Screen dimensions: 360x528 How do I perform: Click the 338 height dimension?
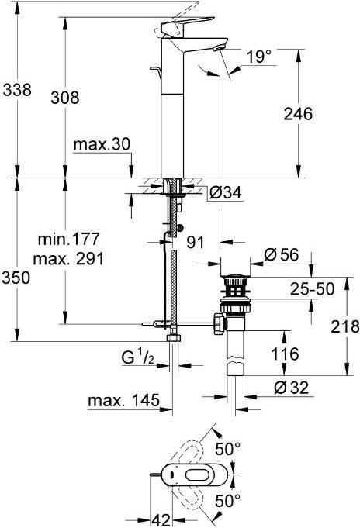click(x=17, y=90)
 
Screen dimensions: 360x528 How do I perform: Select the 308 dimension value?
click(x=65, y=98)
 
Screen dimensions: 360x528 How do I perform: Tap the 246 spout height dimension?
click(x=298, y=114)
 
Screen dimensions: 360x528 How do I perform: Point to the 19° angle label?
click(x=259, y=57)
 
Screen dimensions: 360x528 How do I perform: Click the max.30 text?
click(x=102, y=144)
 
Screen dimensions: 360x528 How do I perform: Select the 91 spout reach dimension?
click(x=196, y=242)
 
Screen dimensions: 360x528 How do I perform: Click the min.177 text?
click(x=69, y=239)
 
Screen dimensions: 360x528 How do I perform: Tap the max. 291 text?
click(x=69, y=259)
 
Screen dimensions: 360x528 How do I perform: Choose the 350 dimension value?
click(x=16, y=278)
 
